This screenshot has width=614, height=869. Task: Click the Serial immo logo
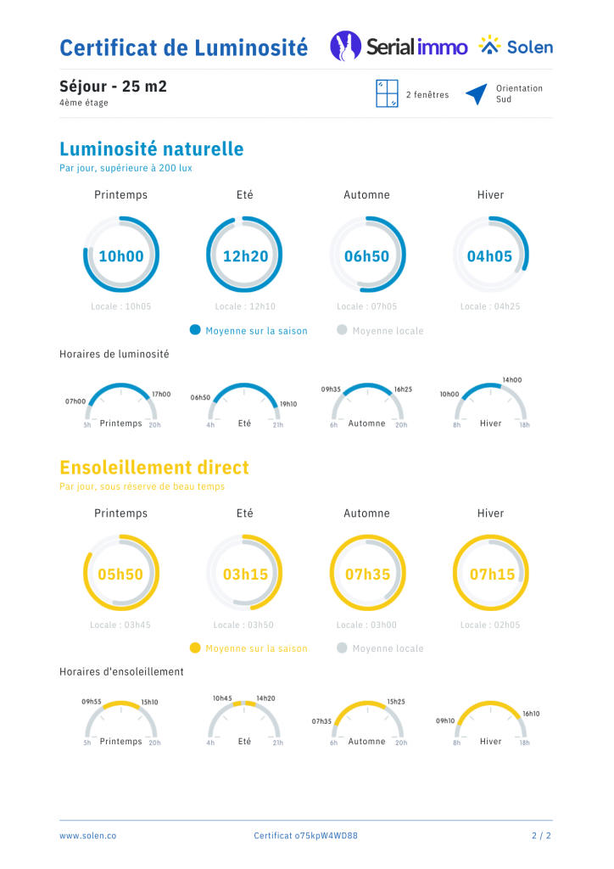tap(399, 47)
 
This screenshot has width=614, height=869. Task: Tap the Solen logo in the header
tap(515, 47)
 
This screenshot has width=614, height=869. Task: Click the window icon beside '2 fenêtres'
tap(387, 94)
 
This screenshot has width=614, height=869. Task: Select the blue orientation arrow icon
tap(476, 94)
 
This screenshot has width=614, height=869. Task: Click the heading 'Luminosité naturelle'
tap(151, 149)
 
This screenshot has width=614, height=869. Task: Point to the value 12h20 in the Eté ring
tap(244, 255)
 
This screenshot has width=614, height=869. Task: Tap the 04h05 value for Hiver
tap(490, 255)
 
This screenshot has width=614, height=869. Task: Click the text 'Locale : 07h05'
tap(366, 306)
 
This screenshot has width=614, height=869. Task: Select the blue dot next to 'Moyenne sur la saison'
tap(195, 330)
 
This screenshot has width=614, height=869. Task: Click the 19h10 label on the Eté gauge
tap(288, 404)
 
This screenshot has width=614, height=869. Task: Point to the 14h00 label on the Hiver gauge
tap(511, 380)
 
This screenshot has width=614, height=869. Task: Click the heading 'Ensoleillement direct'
tap(154, 468)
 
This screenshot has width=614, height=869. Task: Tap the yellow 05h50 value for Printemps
tap(120, 575)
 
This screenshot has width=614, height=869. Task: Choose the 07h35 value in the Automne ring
tap(367, 575)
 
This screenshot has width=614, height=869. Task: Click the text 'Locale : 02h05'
tap(490, 625)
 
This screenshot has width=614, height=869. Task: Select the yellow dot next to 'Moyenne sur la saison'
tap(195, 648)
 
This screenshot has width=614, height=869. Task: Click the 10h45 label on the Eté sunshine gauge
tap(222, 698)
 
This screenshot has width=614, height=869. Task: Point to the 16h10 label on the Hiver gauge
tap(531, 714)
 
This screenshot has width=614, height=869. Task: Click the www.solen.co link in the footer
tap(87, 836)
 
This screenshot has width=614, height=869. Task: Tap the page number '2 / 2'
tap(541, 836)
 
